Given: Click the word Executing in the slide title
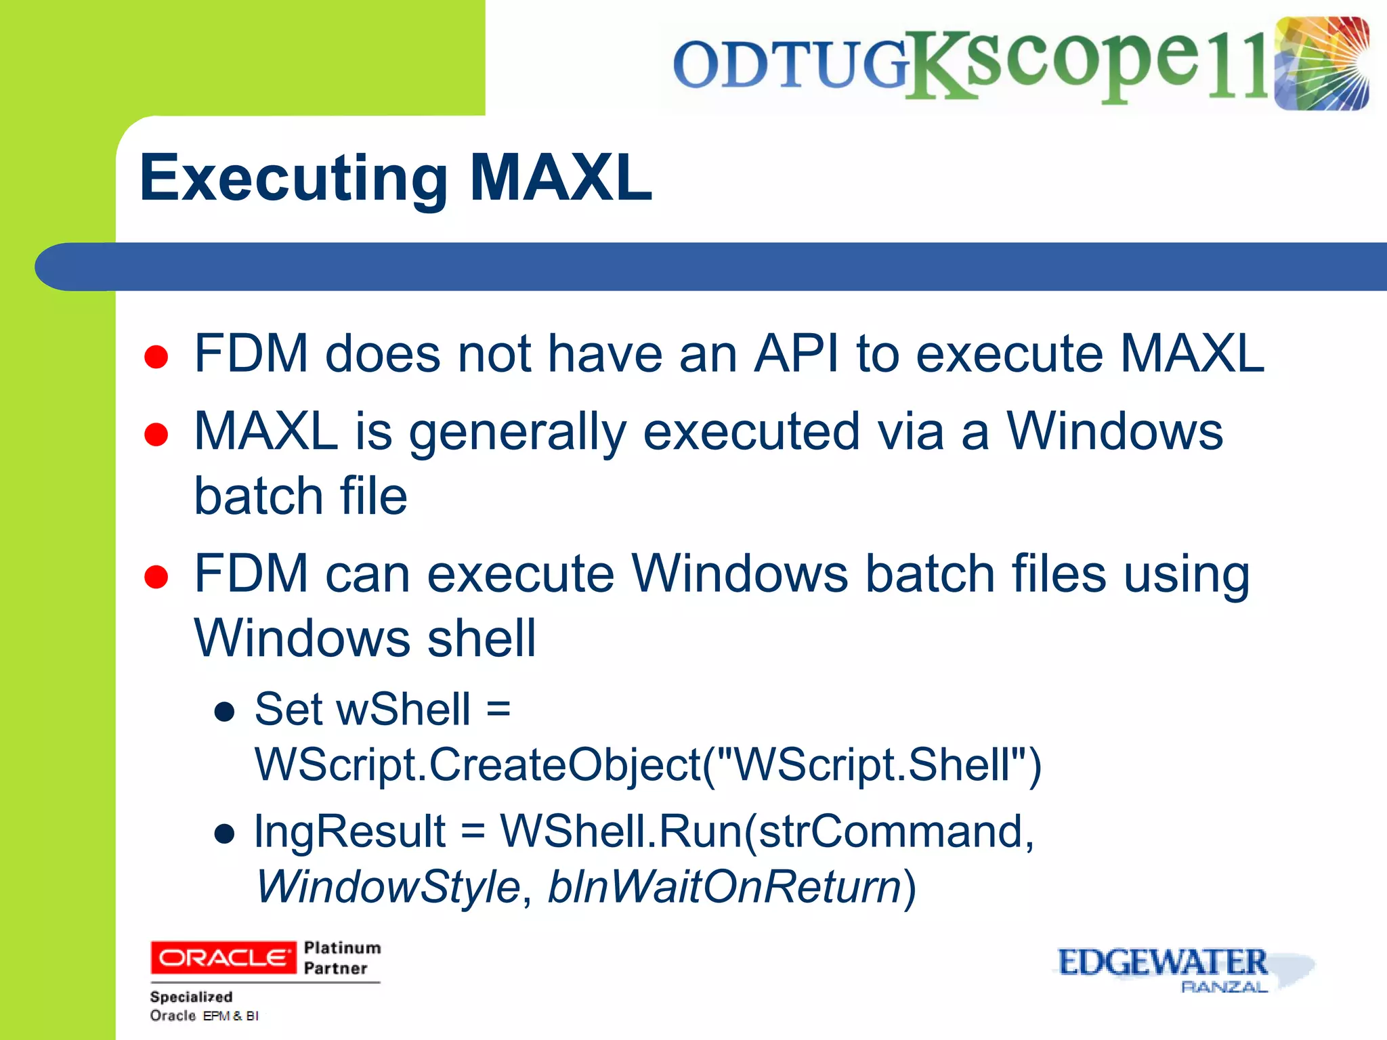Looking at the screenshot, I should pos(293,178).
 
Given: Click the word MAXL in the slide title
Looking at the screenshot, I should pos(561,178).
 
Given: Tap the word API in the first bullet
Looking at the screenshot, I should pos(796,353).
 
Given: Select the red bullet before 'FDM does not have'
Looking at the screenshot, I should pos(156,357).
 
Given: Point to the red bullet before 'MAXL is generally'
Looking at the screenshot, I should pos(156,435).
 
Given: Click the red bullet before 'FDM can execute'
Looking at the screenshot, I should pos(156,578).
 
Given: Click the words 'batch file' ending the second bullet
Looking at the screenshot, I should pos(301,496).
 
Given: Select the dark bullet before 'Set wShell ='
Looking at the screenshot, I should pos(224,712).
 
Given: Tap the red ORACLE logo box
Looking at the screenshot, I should pos(223,957).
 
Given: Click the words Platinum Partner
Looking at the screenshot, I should pos(341,957).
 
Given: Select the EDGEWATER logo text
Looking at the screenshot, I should pos(1162,962).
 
